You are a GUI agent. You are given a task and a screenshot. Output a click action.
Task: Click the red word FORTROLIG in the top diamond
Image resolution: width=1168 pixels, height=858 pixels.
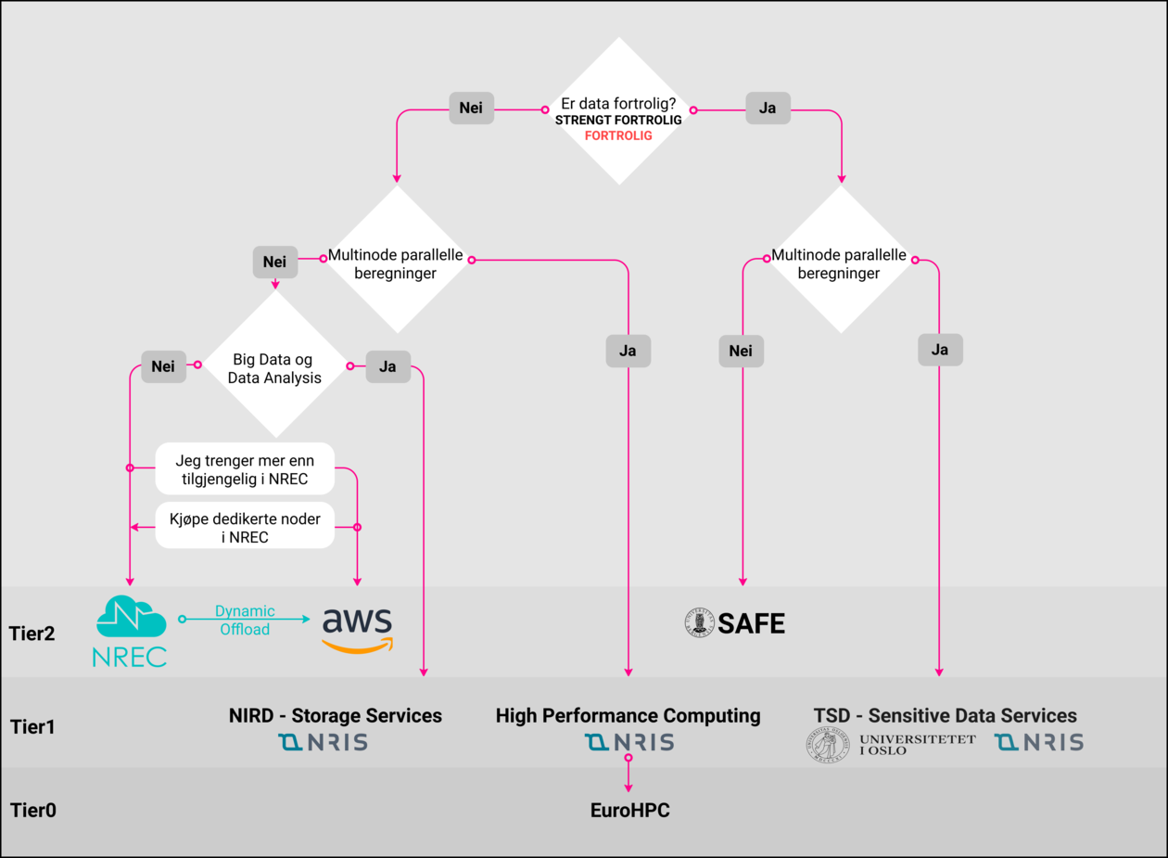click(618, 135)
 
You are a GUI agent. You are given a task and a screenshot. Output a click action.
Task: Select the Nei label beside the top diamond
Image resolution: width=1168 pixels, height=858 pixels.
click(471, 108)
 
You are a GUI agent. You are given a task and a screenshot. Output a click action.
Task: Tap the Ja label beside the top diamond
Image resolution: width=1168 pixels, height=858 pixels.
click(768, 108)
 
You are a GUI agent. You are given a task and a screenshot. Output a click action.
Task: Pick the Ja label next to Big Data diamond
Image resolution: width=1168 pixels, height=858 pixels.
click(387, 366)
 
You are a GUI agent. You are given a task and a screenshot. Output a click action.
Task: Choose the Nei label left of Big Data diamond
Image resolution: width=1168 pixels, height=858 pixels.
click(163, 366)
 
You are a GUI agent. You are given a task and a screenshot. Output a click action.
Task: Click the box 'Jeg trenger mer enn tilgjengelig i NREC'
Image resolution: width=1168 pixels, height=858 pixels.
click(245, 468)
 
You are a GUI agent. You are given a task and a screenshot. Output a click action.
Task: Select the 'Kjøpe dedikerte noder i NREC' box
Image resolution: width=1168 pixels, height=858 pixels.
click(245, 527)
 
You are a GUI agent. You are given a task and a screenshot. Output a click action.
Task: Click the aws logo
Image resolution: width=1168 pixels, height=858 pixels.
click(357, 629)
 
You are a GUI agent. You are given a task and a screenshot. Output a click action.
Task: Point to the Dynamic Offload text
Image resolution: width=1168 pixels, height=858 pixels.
click(245, 620)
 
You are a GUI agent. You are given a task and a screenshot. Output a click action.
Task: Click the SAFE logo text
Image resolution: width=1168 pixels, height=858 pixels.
click(751, 623)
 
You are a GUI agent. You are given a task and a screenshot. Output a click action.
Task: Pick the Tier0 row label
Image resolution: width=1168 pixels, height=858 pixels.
click(33, 810)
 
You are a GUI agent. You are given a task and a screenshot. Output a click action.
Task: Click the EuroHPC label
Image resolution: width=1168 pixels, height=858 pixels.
click(629, 810)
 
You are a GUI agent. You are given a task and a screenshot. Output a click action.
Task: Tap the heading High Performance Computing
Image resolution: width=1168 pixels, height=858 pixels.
click(628, 715)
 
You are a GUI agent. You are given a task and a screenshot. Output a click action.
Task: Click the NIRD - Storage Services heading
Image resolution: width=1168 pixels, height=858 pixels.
click(336, 715)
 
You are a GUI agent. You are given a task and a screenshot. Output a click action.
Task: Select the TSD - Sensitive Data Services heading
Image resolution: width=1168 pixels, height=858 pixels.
click(946, 715)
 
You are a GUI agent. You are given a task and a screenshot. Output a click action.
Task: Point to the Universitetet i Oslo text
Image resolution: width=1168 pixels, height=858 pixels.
click(917, 744)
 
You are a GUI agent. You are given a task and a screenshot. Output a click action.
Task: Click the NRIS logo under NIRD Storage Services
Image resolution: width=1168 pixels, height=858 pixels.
click(324, 742)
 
